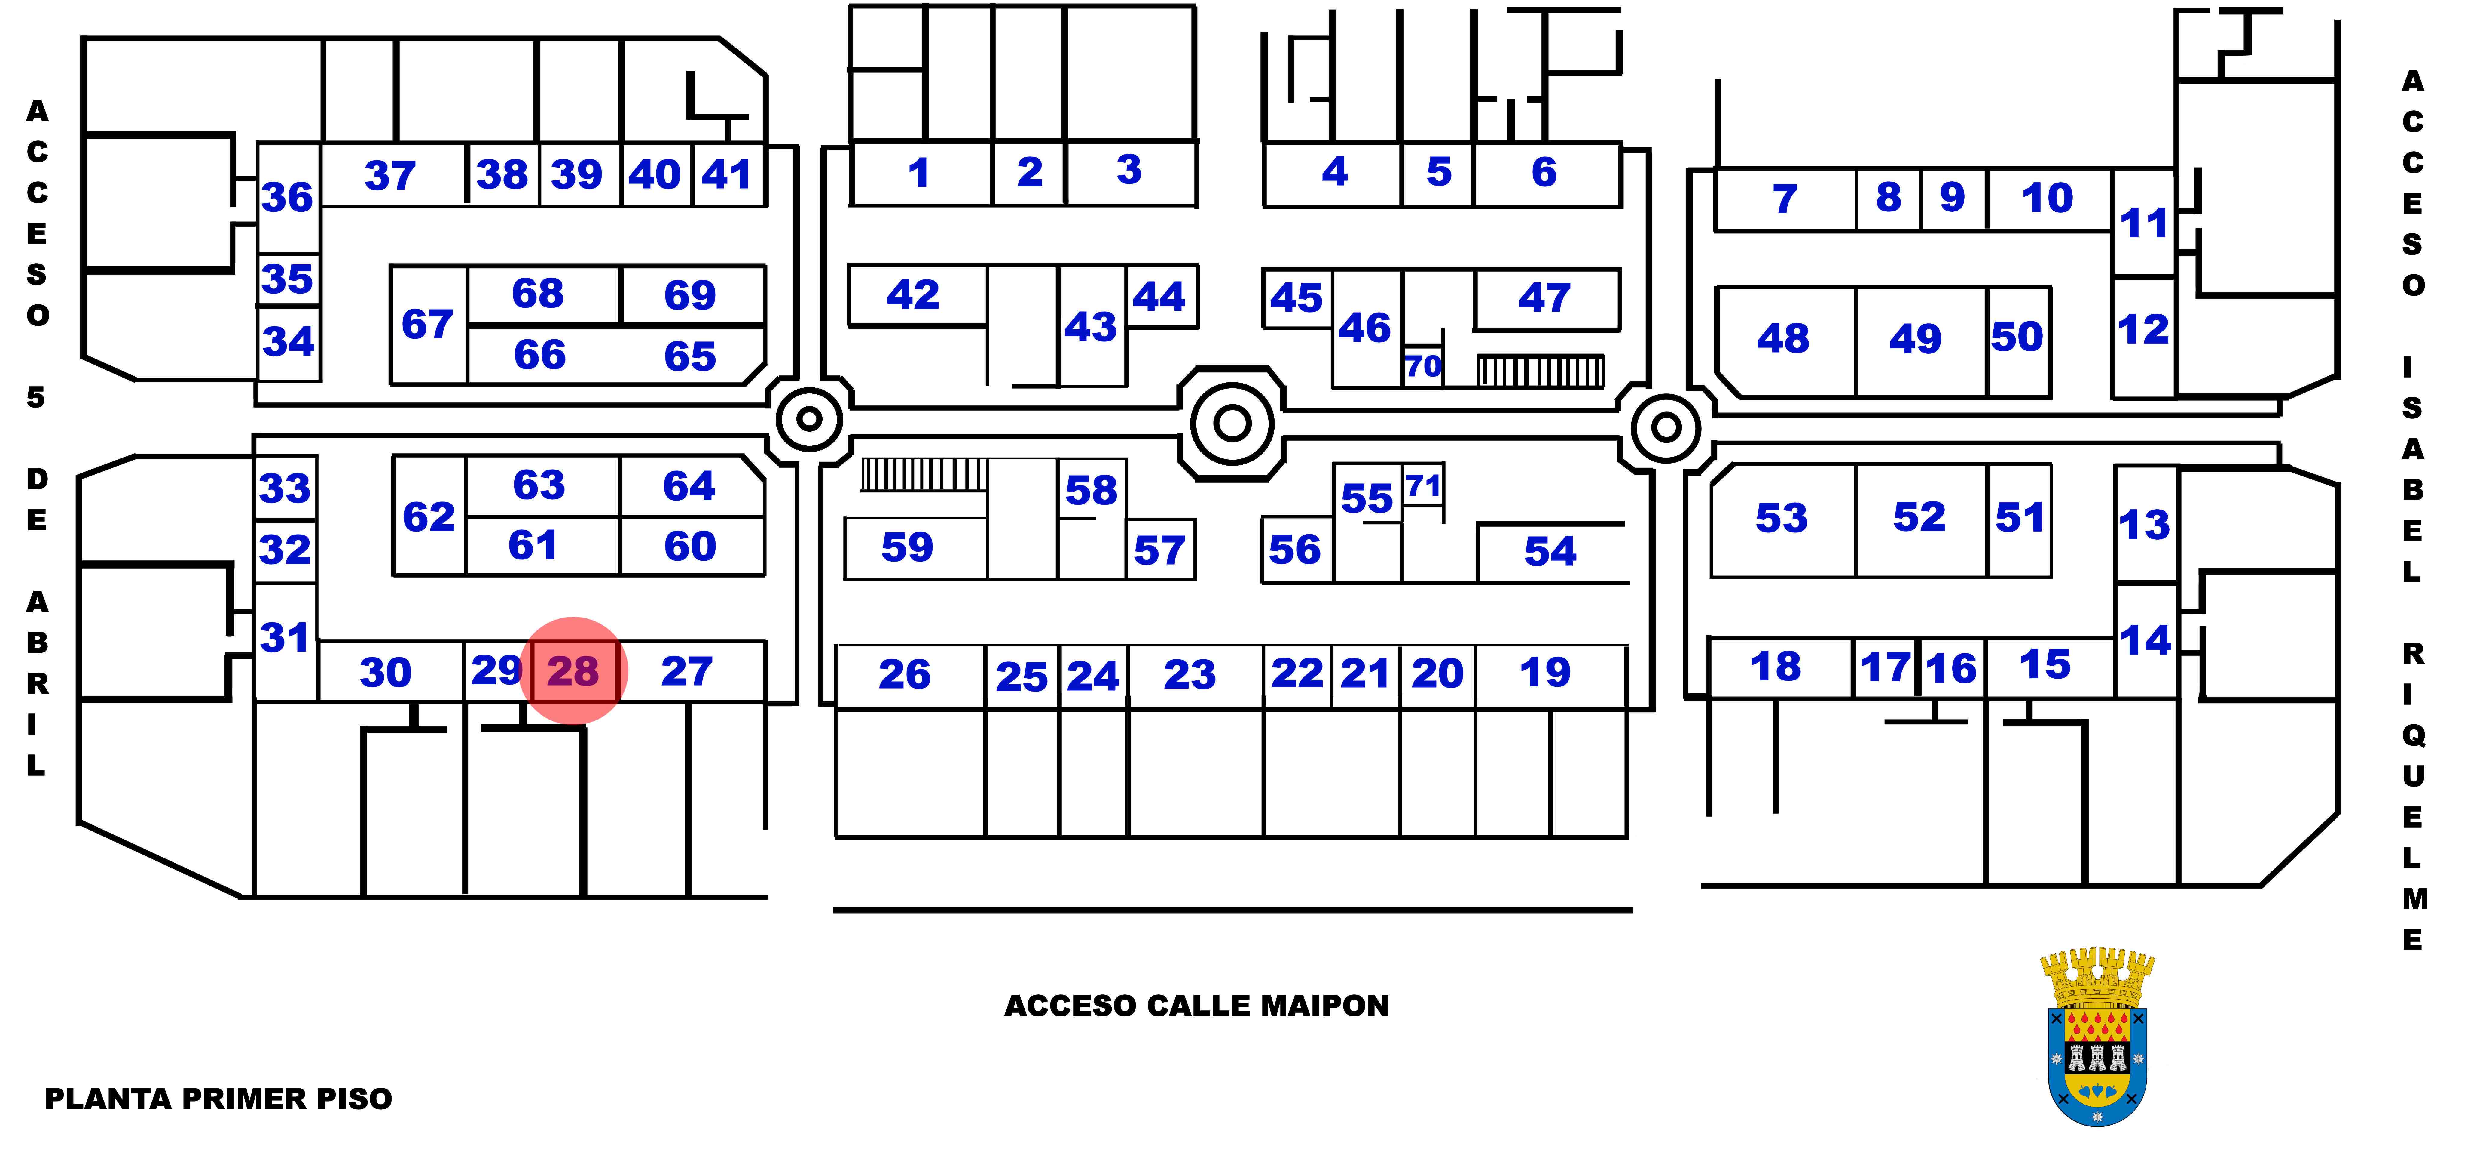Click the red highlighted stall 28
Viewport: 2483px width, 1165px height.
pos(573,670)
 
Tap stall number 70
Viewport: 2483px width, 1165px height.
pos(1423,366)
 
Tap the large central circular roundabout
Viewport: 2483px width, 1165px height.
pos(1232,422)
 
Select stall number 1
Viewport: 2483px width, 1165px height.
pos(919,174)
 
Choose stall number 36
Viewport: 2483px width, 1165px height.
pos(287,198)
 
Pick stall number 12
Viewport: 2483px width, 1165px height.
pos(2144,330)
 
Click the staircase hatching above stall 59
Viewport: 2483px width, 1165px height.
pos(924,474)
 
